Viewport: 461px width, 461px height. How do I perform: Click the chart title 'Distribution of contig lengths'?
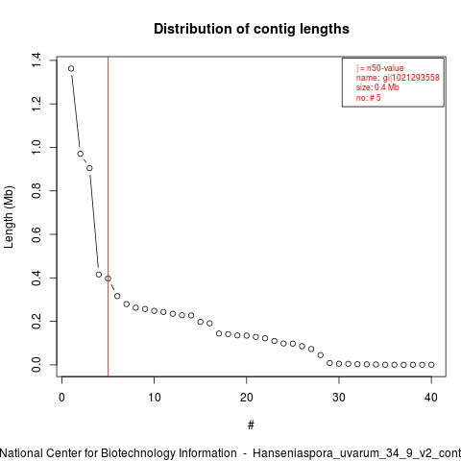pyautogui.click(x=252, y=29)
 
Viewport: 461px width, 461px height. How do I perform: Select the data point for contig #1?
pyautogui.click(x=71, y=68)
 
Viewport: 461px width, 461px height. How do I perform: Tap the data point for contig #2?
pyautogui.click(x=81, y=154)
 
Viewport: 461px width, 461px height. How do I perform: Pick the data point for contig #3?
pyautogui.click(x=89, y=168)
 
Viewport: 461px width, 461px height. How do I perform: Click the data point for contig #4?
pyautogui.click(x=99, y=275)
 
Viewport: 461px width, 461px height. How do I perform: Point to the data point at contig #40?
pyautogui.click(x=431, y=365)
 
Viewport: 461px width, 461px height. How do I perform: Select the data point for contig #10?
pyautogui.click(x=155, y=311)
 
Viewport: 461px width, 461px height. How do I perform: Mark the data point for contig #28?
pyautogui.click(x=321, y=355)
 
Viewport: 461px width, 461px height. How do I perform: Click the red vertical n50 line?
pyautogui.click(x=109, y=216)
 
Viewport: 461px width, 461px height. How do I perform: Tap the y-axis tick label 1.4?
pyautogui.click(x=36, y=61)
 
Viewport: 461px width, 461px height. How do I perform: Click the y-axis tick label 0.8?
pyautogui.click(x=36, y=190)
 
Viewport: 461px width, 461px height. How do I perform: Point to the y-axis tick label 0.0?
pyautogui.click(x=36, y=365)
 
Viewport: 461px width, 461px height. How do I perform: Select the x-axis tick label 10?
pyautogui.click(x=155, y=398)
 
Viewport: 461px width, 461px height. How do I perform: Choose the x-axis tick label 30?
pyautogui.click(x=339, y=398)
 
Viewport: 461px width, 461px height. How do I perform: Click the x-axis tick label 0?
pyautogui.click(x=61, y=398)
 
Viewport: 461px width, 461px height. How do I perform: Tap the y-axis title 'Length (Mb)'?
pyautogui.click(x=9, y=217)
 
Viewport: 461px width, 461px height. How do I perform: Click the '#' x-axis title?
pyautogui.click(x=251, y=425)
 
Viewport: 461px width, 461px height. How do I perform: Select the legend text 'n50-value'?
pyautogui.click(x=385, y=68)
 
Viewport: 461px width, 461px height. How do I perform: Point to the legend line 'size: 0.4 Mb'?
pyautogui.click(x=377, y=87)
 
